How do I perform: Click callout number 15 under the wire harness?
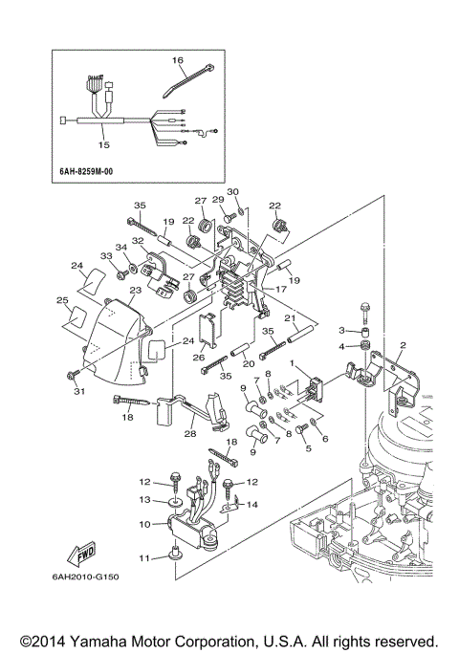coord(103,145)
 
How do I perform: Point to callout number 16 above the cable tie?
coord(177,60)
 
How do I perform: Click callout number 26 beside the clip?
coord(199,359)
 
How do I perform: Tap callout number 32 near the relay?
coord(138,241)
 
